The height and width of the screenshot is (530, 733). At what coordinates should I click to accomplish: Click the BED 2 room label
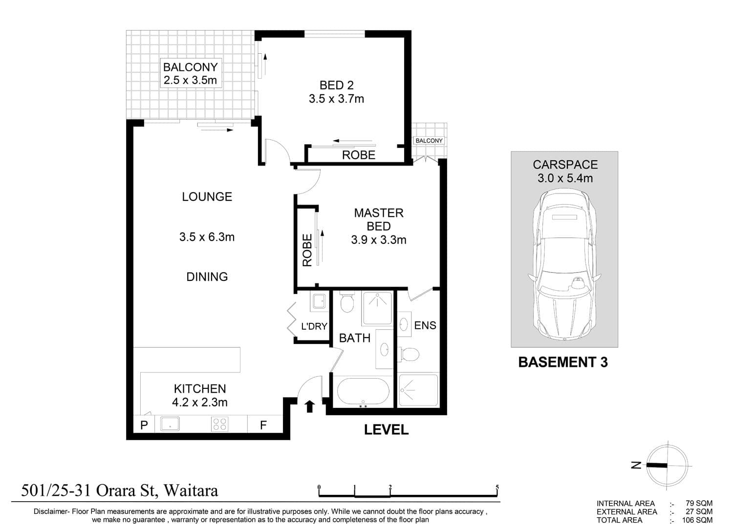tap(336, 85)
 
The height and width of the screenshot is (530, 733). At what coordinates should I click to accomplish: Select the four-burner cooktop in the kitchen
tap(219, 424)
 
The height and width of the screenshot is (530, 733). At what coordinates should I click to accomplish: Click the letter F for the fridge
tap(263, 425)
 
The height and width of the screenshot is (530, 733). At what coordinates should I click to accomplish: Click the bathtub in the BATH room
tap(363, 392)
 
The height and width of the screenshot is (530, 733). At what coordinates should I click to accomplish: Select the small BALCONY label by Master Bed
tap(429, 141)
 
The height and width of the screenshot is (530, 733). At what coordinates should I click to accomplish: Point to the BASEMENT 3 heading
tap(563, 362)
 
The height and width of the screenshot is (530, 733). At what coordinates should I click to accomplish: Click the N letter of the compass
tap(636, 465)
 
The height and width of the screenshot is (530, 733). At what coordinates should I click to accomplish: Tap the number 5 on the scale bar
tap(497, 487)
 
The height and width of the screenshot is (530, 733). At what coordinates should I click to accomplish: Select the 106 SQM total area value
tap(697, 520)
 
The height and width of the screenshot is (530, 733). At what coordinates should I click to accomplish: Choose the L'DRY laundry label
tap(314, 326)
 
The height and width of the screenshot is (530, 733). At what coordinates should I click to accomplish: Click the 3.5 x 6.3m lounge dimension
tap(207, 237)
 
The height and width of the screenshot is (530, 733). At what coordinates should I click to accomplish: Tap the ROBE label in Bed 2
tap(359, 155)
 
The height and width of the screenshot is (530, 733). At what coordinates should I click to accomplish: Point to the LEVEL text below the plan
tap(387, 429)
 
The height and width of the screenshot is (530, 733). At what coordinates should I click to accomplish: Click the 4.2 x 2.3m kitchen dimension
tap(200, 403)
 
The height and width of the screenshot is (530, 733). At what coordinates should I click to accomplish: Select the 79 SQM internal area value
tap(699, 504)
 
